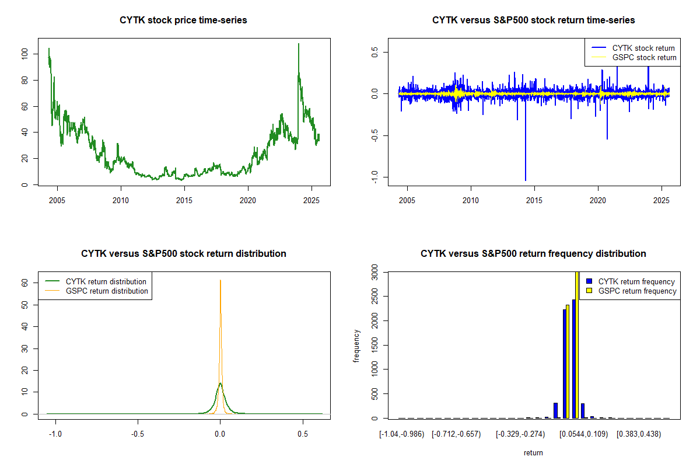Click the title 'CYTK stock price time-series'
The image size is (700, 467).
click(183, 20)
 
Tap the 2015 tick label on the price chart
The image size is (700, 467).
click(184, 200)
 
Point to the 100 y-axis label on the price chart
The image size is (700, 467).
click(24, 54)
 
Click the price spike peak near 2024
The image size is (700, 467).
click(299, 44)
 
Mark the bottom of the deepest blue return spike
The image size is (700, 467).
click(526, 180)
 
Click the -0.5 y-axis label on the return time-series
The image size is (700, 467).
click(374, 135)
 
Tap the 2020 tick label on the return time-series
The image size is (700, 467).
click(598, 200)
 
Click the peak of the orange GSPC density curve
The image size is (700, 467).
click(220, 280)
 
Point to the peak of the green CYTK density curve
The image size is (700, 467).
click(220, 383)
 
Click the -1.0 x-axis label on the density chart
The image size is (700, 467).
click(55, 434)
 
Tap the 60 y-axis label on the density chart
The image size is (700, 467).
click(24, 283)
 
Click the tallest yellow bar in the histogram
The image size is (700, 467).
click(577, 344)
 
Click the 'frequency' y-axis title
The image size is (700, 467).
click(356, 346)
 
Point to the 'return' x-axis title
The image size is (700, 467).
click(533, 452)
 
